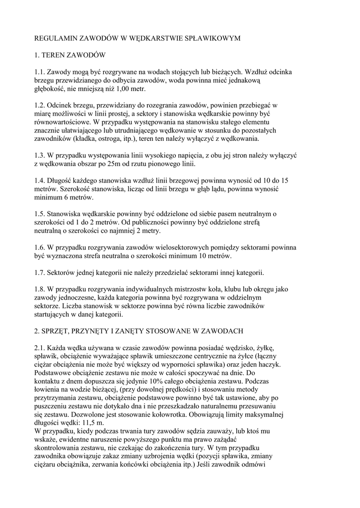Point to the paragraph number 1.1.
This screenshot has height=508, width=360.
click(40, 72)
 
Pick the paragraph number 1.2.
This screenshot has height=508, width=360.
click(40, 106)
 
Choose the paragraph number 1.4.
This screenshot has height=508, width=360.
click(40, 182)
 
